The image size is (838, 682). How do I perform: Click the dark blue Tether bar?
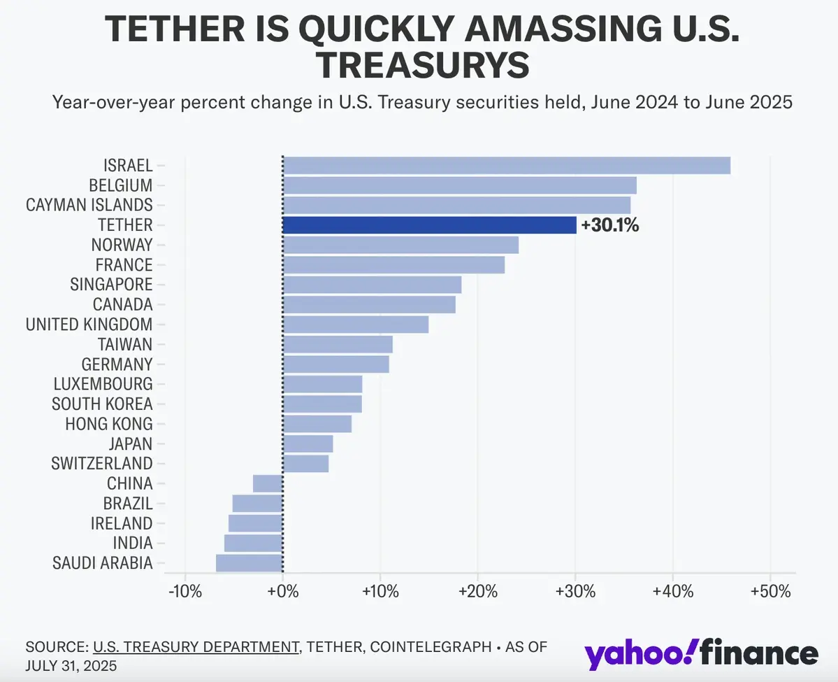point(429,225)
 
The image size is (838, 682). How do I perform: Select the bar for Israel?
point(506,166)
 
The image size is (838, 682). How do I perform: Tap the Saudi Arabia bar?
point(249,563)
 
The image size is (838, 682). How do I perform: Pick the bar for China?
point(268,483)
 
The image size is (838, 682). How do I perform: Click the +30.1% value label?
point(609,225)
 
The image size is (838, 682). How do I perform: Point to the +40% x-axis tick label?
point(672,591)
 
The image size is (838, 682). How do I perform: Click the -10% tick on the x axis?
point(185,591)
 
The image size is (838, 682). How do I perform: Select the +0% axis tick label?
point(282,591)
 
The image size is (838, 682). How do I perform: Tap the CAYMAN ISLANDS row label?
point(89,205)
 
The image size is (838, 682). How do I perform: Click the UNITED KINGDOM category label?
point(89,325)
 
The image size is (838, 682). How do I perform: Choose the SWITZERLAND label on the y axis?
point(102,463)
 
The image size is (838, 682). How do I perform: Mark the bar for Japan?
point(308,443)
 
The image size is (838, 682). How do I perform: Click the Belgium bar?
point(459,185)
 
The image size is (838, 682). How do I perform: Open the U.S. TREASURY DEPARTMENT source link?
point(195,647)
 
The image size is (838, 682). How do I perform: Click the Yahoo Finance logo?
point(701,653)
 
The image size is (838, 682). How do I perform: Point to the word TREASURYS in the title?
point(422,64)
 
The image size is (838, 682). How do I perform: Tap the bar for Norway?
point(400,245)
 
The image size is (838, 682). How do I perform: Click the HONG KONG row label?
point(108,424)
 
